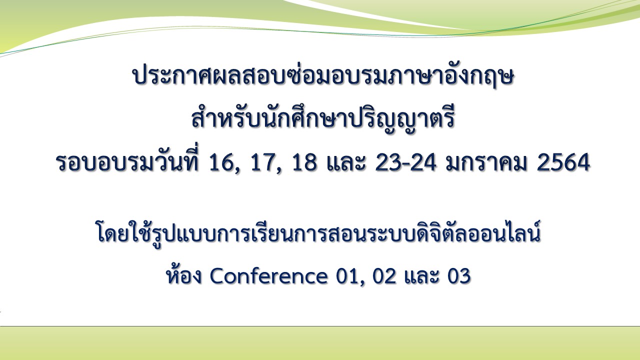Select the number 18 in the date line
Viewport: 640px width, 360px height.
[x=305, y=162]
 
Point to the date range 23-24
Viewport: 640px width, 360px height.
[x=405, y=162]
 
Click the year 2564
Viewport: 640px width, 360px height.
[x=563, y=162]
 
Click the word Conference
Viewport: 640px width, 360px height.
[x=268, y=276]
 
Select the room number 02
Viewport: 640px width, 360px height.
[x=384, y=276]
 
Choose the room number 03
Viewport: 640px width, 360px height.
[x=459, y=276]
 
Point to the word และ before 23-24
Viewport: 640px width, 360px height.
[x=346, y=162]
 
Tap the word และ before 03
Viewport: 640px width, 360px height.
[x=421, y=276]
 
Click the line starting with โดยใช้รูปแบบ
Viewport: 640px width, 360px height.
[x=318, y=233]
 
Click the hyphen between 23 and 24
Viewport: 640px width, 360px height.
[x=405, y=165]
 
